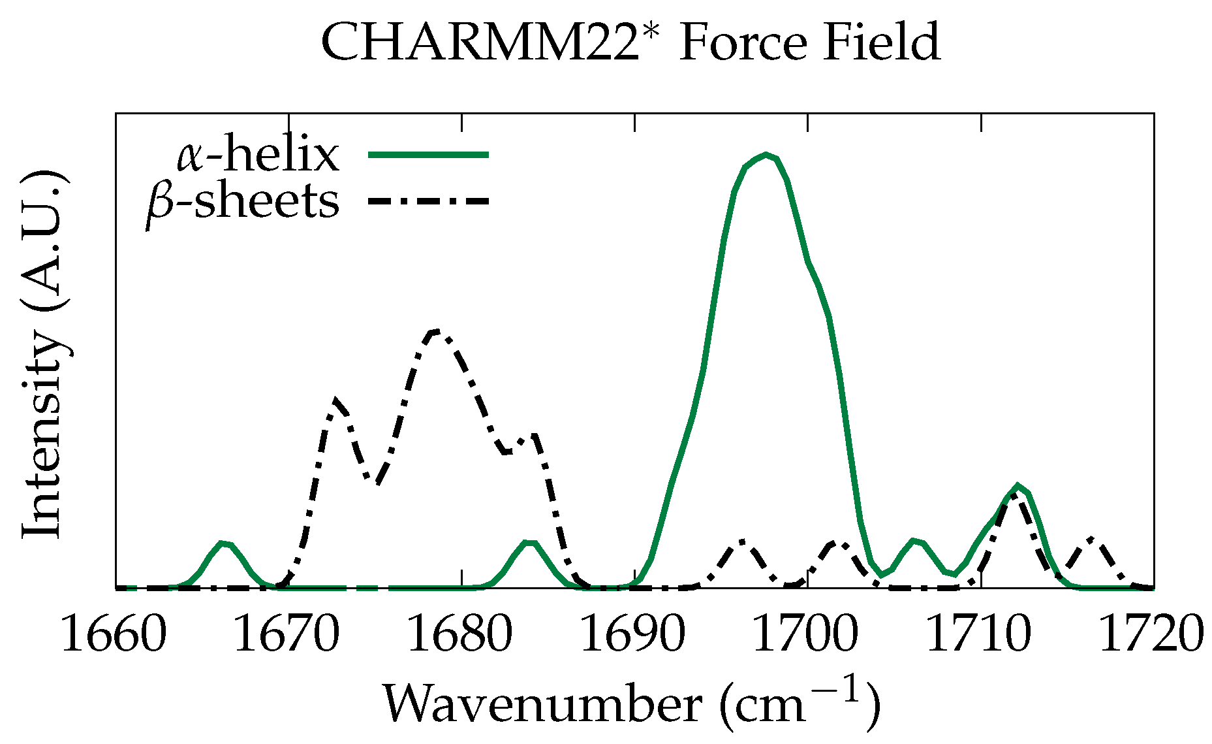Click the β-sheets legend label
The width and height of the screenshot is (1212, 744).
click(x=243, y=202)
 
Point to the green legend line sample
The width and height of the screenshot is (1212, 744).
click(x=428, y=155)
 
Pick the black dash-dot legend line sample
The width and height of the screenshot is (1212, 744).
click(x=428, y=201)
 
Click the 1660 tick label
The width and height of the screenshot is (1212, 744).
click(x=114, y=634)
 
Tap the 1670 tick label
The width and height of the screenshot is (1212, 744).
click(x=287, y=634)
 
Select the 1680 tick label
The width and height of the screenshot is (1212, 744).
click(x=460, y=634)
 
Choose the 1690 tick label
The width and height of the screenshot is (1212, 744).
click(x=633, y=634)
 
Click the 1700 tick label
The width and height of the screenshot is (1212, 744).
click(x=807, y=634)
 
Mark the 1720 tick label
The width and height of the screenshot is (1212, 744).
click(x=1152, y=634)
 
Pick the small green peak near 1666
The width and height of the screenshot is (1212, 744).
click(x=224, y=543)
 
